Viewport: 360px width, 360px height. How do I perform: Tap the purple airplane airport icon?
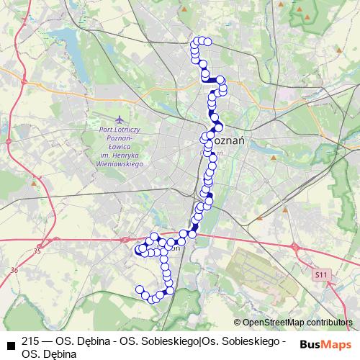(x=118, y=116)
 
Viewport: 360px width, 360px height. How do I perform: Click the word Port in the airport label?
(x=105, y=130)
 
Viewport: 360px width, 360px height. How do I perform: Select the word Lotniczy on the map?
(x=127, y=130)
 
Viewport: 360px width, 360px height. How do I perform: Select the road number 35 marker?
(x=37, y=251)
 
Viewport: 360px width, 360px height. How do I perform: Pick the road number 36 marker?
(x=14, y=270)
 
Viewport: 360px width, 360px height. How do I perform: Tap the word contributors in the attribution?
(x=330, y=323)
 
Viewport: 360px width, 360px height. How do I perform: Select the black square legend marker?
(x=9, y=343)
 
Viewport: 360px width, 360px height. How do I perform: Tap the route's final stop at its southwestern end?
(x=140, y=289)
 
